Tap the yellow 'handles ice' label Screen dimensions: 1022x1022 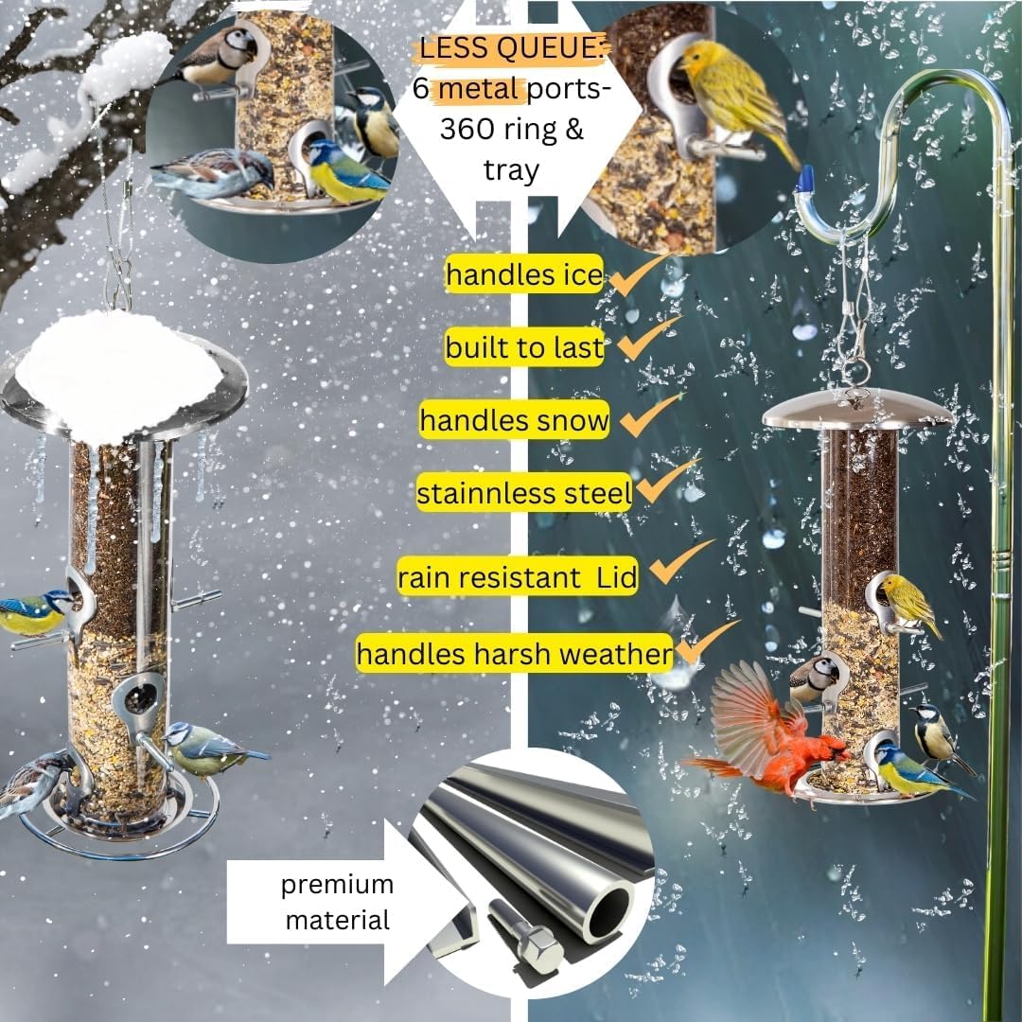[x=524, y=273]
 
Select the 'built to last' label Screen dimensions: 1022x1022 [x=524, y=346]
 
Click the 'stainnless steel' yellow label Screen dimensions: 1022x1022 [x=524, y=493]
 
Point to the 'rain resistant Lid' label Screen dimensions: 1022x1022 [x=518, y=577]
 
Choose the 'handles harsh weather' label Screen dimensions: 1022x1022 [x=515, y=653]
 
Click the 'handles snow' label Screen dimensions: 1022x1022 [x=515, y=420]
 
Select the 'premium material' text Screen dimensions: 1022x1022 [x=338, y=902]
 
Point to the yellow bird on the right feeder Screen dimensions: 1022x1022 [x=909, y=603]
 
